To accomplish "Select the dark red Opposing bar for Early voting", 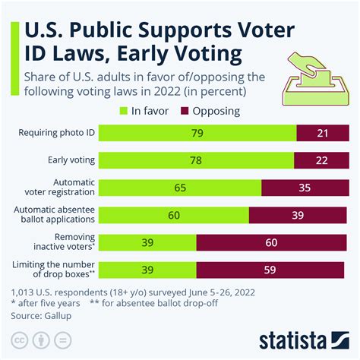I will pyautogui.click(x=321, y=160).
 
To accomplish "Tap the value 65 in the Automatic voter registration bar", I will pyautogui.click(x=181, y=188).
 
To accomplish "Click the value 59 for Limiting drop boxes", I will pyautogui.click(x=269, y=270).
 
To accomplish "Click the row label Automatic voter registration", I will pyautogui.click(x=63, y=188).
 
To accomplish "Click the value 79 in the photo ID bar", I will pyautogui.click(x=197, y=133).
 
